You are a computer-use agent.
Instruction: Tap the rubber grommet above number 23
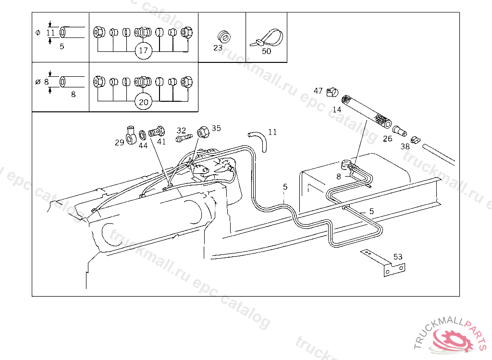tap(222, 36)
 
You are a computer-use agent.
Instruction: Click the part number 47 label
tap(318, 91)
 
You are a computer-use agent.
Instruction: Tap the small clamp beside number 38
tap(416, 140)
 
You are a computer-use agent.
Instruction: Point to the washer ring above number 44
tap(143, 135)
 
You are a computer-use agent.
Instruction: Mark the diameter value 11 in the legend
tap(51, 33)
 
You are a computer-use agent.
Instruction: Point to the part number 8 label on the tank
tap(339, 177)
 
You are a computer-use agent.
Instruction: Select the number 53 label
tap(398, 256)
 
